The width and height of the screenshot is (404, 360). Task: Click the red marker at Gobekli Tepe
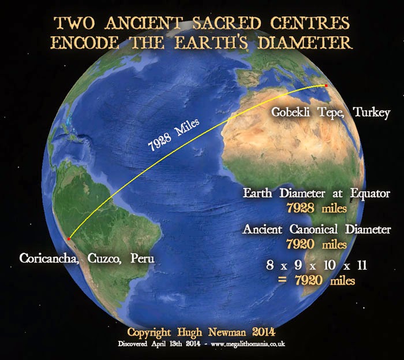pos(326,86)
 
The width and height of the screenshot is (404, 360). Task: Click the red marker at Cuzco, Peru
pos(69,238)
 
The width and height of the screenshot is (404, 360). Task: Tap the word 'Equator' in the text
pos(368,193)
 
